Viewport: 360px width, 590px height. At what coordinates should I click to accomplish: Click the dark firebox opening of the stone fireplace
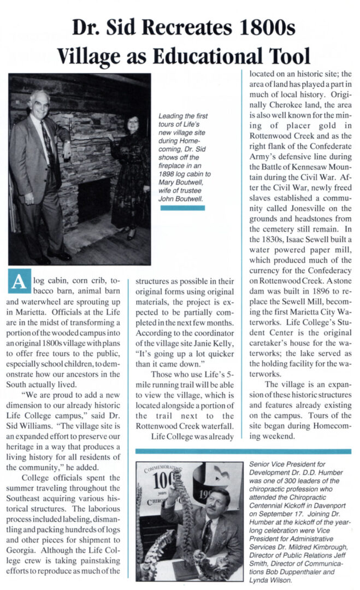[94, 199]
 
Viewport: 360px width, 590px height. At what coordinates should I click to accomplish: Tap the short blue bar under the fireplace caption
[183, 208]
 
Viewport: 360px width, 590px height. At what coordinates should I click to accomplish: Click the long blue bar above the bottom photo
[243, 451]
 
